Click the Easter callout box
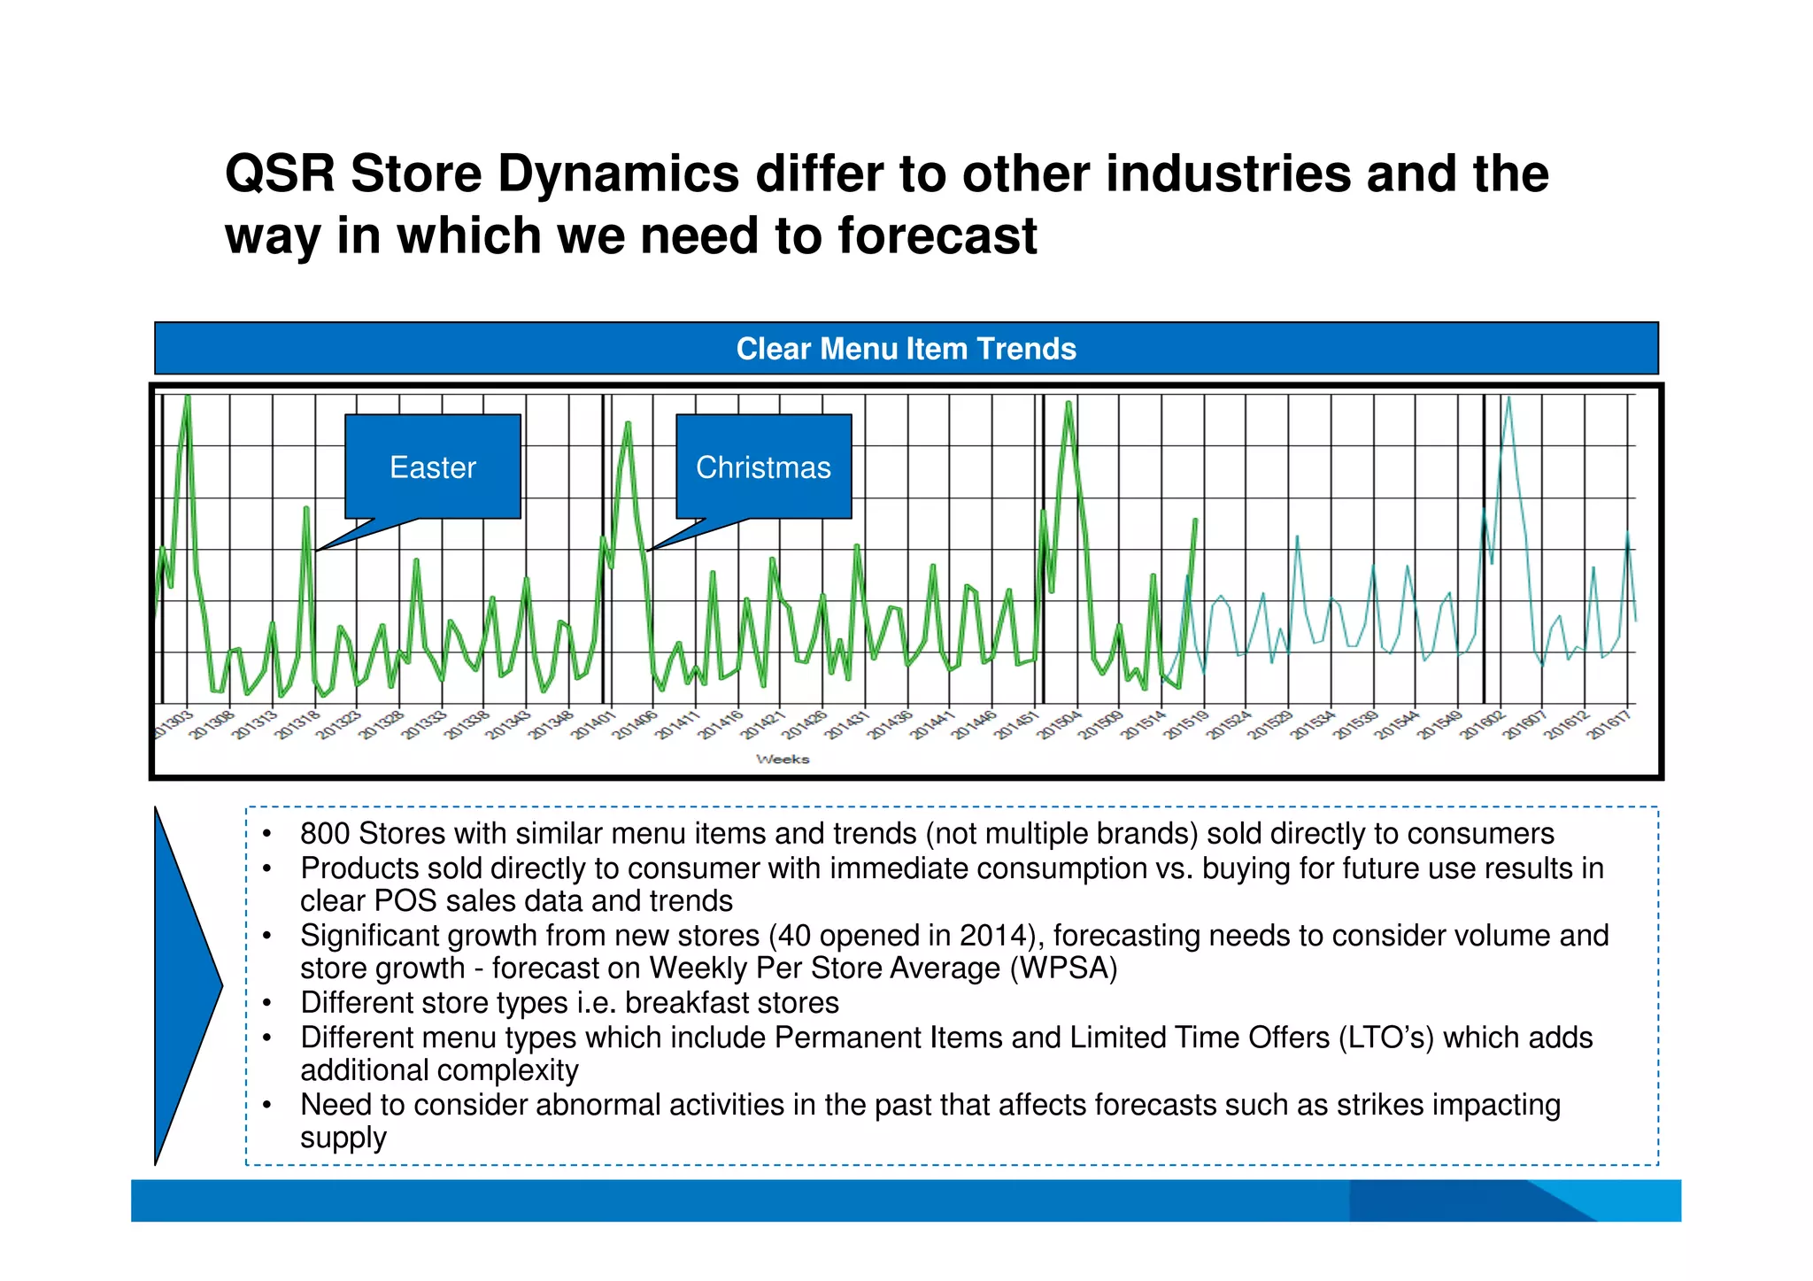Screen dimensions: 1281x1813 (x=432, y=467)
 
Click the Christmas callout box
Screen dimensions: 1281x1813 (x=763, y=467)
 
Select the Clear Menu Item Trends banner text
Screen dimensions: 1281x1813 (x=906, y=349)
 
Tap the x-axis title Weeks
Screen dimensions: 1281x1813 (x=783, y=759)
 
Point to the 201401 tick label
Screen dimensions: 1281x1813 (x=593, y=725)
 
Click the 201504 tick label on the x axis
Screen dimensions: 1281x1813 (x=1060, y=725)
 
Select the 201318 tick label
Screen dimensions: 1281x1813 (x=297, y=725)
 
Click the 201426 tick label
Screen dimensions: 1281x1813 (x=806, y=725)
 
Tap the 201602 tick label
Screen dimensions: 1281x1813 (x=1482, y=725)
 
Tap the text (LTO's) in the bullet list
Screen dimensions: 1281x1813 (x=1385, y=1038)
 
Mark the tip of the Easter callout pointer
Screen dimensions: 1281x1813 (x=317, y=551)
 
